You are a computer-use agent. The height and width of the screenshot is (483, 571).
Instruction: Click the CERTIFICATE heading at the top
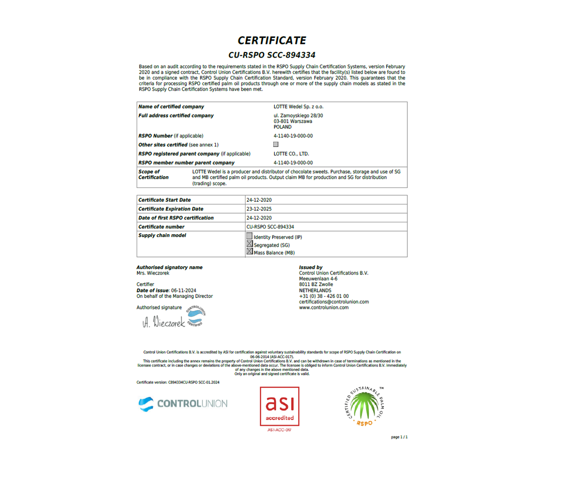tap(272, 41)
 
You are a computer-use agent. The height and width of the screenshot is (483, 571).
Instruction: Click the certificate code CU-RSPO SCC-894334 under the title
tap(272, 55)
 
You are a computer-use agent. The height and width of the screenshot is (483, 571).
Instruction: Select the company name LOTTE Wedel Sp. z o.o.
tap(298, 107)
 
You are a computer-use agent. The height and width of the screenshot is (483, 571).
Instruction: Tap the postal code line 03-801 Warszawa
tap(293, 122)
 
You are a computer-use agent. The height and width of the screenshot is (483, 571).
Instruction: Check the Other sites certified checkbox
tap(276, 145)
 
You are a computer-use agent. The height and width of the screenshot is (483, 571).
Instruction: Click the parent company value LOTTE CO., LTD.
tap(291, 154)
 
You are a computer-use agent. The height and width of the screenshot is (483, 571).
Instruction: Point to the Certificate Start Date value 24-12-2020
tap(259, 200)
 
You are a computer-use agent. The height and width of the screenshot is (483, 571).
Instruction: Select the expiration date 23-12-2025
tap(259, 209)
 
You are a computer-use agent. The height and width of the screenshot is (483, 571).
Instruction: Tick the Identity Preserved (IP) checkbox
tap(250, 236)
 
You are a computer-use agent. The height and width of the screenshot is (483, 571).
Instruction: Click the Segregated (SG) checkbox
tap(250, 244)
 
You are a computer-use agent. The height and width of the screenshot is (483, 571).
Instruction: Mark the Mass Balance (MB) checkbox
tap(250, 251)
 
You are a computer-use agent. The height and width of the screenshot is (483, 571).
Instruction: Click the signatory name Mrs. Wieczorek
tap(153, 274)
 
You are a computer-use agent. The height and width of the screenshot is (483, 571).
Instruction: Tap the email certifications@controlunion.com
tap(334, 302)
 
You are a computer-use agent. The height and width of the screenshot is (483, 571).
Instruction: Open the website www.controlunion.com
tap(324, 308)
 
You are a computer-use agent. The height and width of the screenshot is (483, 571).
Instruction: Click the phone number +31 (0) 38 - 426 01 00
tap(324, 296)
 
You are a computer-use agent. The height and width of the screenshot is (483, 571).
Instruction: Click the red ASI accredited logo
tap(280, 407)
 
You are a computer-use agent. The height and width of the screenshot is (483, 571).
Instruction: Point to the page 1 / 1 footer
tap(399, 437)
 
